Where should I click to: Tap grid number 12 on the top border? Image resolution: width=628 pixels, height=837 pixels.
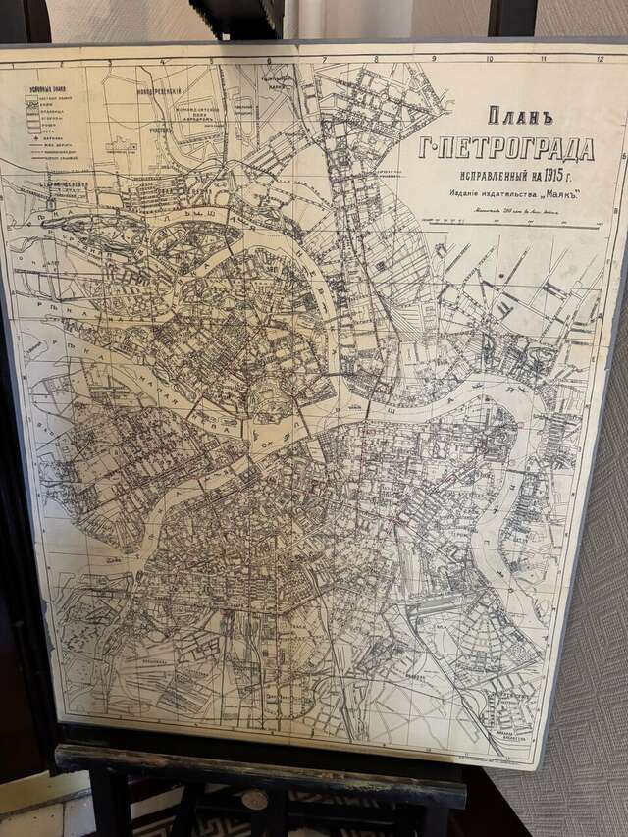(600, 60)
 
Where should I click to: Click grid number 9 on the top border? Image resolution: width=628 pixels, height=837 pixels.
(433, 58)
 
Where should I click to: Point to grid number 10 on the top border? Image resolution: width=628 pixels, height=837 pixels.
(489, 59)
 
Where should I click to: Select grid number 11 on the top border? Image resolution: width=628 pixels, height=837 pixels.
(545, 59)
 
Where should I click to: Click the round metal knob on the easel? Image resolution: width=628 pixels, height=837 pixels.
(255, 797)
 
